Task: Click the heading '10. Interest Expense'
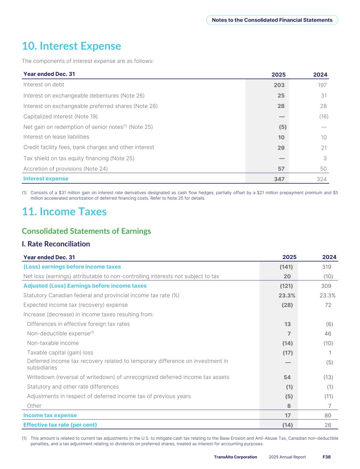tap(71, 46)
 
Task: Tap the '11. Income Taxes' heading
tap(64, 212)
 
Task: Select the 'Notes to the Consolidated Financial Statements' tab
tap(272, 20)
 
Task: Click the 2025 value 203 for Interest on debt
tap(279, 85)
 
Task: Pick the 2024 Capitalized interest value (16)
tap(323, 116)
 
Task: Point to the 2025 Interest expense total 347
tap(279, 179)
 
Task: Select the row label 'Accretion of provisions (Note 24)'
tap(65, 169)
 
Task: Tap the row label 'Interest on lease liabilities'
tap(56, 137)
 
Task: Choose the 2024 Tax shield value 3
tap(325, 158)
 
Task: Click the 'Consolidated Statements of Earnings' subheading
tap(86, 231)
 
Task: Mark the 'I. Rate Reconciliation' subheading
tap(56, 244)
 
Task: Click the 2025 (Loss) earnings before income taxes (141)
tap(286, 267)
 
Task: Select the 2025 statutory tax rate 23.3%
tap(286, 295)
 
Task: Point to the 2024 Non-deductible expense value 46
tap(328, 334)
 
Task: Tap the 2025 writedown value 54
tap(287, 377)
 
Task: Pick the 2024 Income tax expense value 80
tap(328, 415)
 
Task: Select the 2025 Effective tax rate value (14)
tap(287, 425)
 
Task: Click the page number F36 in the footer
tap(326, 457)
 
